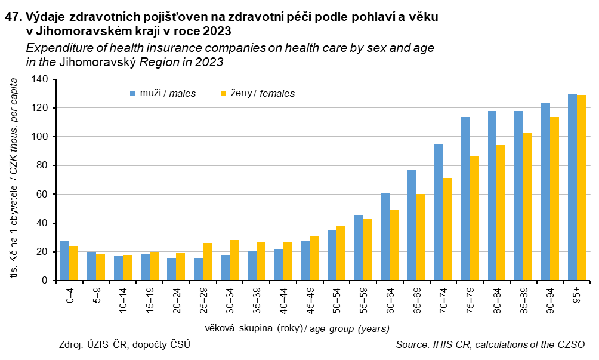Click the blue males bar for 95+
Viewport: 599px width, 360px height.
(572, 187)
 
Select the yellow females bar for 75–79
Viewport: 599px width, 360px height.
(474, 219)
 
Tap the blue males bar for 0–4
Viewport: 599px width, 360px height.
(64, 260)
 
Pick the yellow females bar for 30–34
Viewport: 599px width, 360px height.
(234, 260)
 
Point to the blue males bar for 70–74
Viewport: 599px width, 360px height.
(439, 213)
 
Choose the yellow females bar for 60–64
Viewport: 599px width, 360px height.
(394, 245)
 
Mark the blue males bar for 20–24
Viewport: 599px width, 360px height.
(171, 269)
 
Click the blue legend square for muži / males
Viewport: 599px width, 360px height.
(133, 93)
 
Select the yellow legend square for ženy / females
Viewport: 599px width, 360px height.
(223, 93)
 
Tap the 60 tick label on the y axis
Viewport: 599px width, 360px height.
(41, 195)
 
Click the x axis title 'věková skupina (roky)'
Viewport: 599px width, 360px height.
(253, 328)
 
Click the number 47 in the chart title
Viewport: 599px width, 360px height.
(12, 17)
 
